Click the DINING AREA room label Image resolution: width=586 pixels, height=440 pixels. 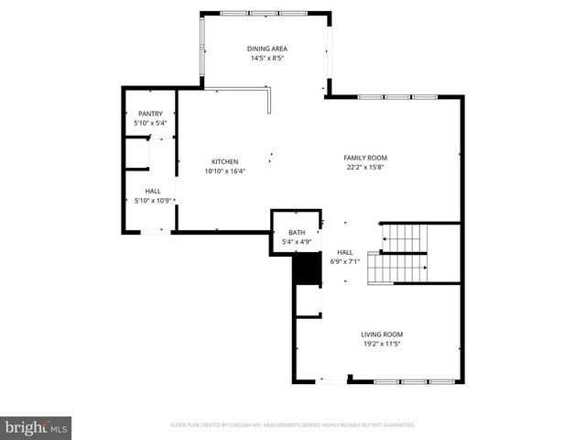pyautogui.click(x=266, y=49)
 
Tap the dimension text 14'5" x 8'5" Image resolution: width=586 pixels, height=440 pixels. pyautogui.click(x=266, y=58)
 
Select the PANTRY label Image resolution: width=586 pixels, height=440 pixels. pyautogui.click(x=150, y=113)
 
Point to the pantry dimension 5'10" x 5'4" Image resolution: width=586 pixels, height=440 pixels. pyautogui.click(x=150, y=122)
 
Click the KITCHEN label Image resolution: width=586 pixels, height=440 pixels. pyautogui.click(x=224, y=161)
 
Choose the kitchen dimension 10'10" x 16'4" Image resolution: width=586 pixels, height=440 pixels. pyautogui.click(x=224, y=170)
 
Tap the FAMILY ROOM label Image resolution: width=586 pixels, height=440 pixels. pyautogui.click(x=364, y=158)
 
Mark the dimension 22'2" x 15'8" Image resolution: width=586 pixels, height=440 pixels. pyautogui.click(x=364, y=167)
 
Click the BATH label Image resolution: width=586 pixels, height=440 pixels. pyautogui.click(x=297, y=233)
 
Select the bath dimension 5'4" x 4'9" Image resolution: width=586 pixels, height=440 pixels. pyautogui.click(x=297, y=242)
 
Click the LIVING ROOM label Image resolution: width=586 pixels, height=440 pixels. pyautogui.click(x=382, y=335)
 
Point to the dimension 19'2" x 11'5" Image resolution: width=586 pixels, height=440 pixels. pyautogui.click(x=382, y=344)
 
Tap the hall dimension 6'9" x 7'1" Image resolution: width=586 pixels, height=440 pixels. pyautogui.click(x=345, y=261)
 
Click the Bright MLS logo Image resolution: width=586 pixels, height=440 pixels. pyautogui.click(x=37, y=426)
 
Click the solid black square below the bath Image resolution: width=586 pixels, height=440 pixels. pyautogui.click(x=304, y=270)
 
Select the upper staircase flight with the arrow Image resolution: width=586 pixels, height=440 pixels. pyautogui.click(x=404, y=239)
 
